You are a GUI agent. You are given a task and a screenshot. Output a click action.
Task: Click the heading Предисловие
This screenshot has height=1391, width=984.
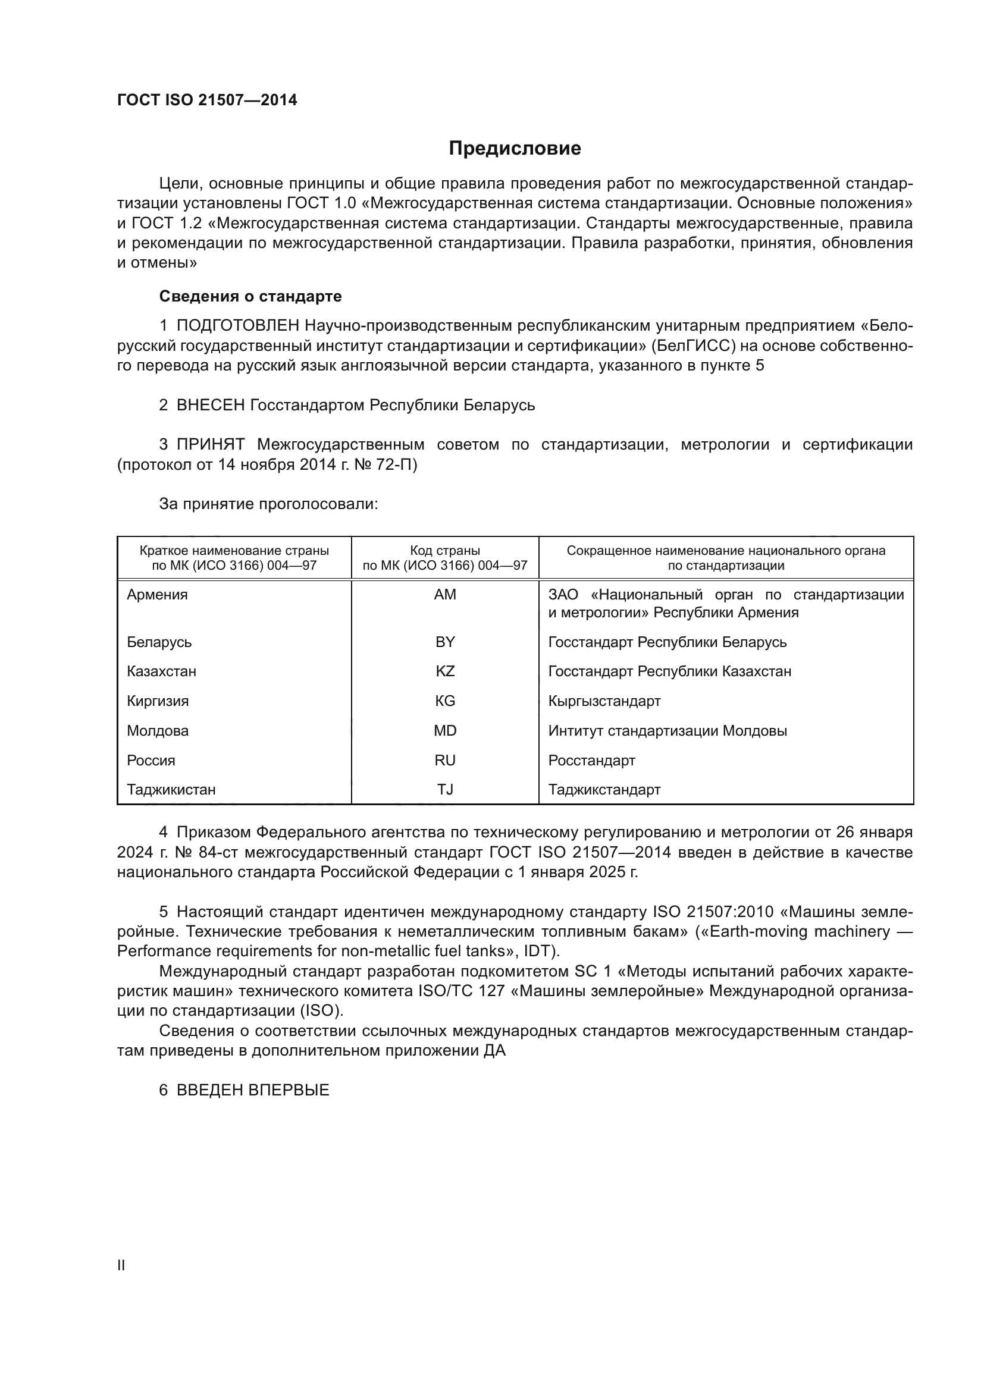[x=515, y=149]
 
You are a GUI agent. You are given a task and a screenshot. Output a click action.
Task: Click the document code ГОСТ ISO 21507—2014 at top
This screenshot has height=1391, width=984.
[x=206, y=101]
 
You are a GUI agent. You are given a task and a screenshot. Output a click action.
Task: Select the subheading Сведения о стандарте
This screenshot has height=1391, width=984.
[x=250, y=296]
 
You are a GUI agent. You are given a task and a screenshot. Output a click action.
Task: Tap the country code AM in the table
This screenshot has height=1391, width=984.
[x=445, y=594]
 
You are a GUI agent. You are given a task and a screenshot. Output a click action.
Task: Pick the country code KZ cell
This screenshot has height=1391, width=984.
[x=445, y=671]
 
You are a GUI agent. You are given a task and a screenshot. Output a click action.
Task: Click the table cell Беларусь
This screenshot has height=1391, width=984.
[x=159, y=642]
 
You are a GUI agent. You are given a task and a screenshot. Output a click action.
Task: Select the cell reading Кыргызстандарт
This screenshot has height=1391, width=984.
[x=604, y=701]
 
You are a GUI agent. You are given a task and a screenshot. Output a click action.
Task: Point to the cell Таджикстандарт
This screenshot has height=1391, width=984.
[x=604, y=789]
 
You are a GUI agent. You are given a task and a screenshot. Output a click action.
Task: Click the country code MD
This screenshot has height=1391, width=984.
[x=445, y=731]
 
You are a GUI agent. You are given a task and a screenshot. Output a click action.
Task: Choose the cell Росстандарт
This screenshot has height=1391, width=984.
[x=591, y=761]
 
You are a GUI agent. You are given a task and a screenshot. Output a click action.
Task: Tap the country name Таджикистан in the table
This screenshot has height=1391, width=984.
[x=171, y=789]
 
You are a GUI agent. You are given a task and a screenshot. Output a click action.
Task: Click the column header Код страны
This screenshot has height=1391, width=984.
[x=445, y=551]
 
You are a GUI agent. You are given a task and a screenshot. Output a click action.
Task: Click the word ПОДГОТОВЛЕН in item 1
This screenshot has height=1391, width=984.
[x=237, y=326]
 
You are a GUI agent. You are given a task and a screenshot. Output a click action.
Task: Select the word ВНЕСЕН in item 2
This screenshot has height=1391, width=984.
[x=210, y=405]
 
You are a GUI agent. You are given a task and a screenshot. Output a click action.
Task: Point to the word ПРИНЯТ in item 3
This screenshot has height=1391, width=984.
[x=210, y=444]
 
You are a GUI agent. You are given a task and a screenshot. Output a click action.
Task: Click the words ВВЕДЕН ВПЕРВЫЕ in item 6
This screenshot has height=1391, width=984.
[x=253, y=1090]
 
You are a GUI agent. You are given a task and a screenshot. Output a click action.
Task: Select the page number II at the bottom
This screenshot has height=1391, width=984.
[x=121, y=1265]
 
